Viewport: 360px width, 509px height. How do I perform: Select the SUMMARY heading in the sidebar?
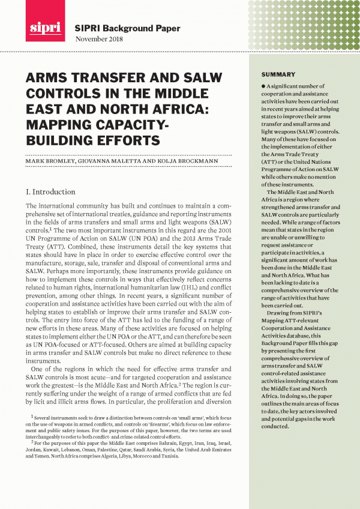278,74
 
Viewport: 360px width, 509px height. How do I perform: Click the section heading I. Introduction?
50,192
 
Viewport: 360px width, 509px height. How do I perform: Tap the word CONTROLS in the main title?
66,95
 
